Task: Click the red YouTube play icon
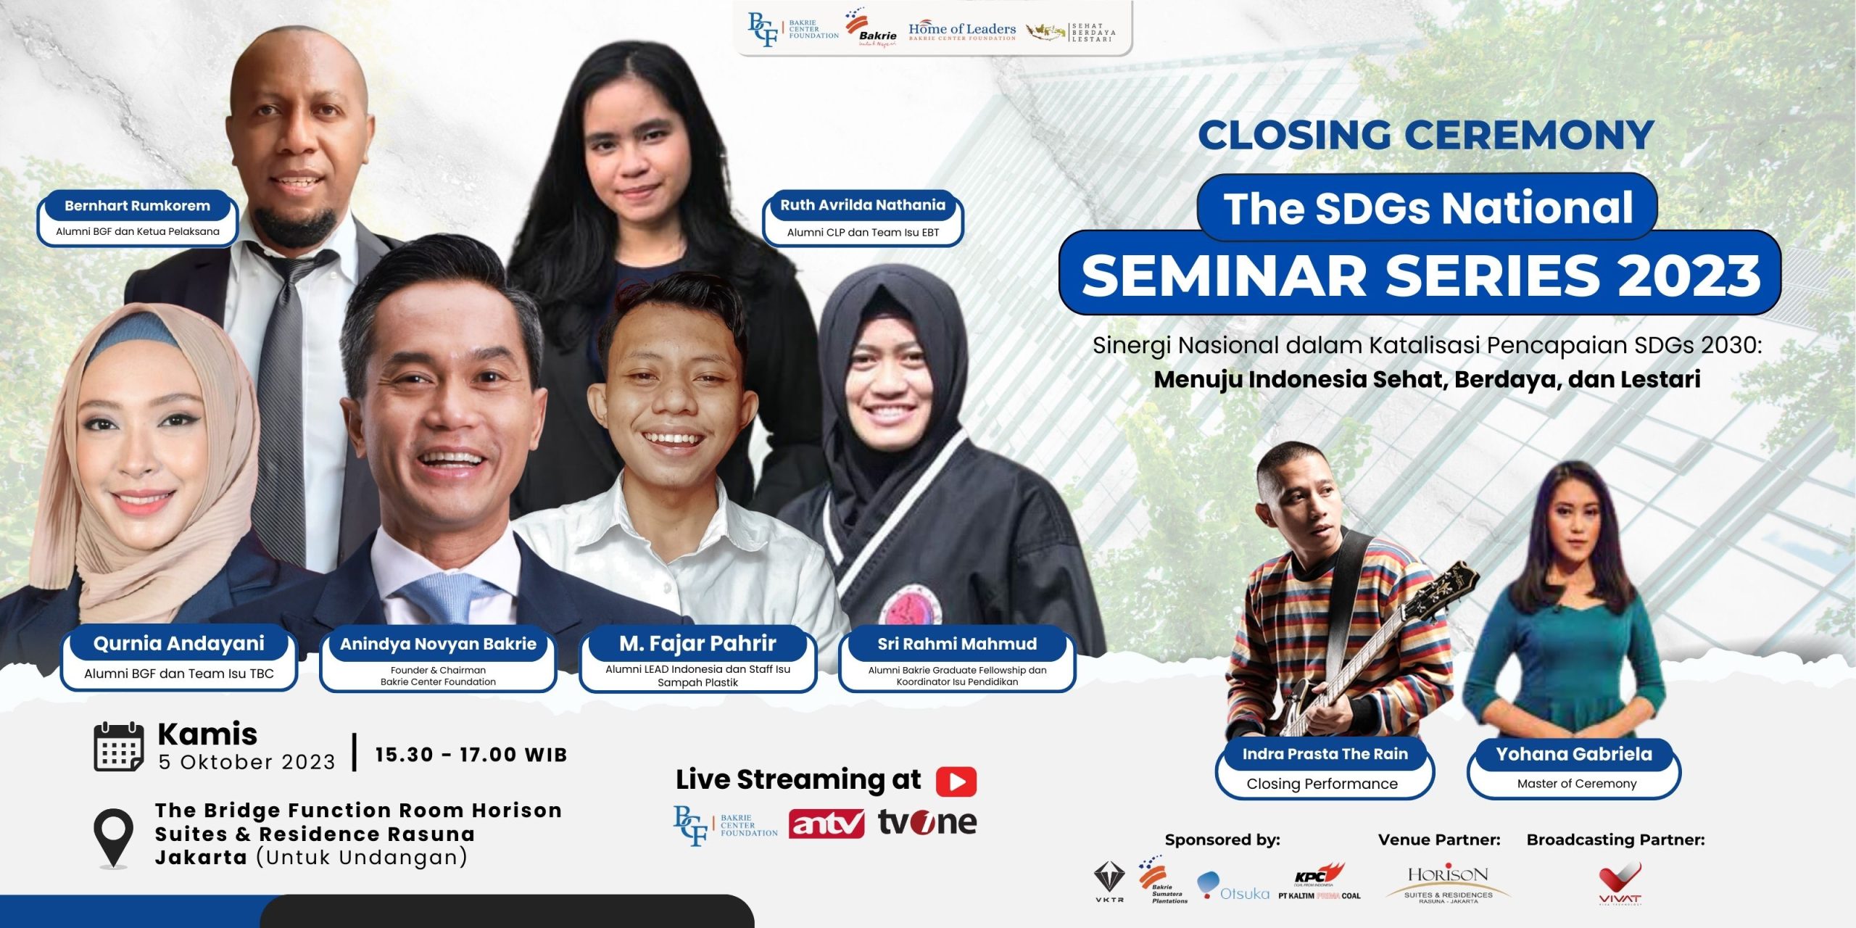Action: click(x=956, y=782)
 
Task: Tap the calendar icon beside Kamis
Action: click(x=119, y=747)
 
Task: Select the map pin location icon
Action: click(x=114, y=837)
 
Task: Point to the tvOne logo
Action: click(x=927, y=823)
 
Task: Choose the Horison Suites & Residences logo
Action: click(x=1448, y=882)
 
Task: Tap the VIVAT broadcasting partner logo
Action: click(x=1620, y=883)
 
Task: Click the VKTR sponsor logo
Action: click(x=1109, y=881)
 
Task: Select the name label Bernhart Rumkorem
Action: click(x=137, y=206)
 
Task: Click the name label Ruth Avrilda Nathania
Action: click(x=863, y=205)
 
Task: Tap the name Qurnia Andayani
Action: click(x=179, y=644)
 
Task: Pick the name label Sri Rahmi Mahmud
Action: click(x=957, y=644)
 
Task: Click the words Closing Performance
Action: click(x=1322, y=784)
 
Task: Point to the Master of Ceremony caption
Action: click(x=1576, y=784)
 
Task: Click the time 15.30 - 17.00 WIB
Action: click(x=471, y=755)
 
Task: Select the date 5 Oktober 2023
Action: click(x=247, y=762)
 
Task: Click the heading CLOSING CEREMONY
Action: click(x=1425, y=135)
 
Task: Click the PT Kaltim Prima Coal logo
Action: click(x=1319, y=883)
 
